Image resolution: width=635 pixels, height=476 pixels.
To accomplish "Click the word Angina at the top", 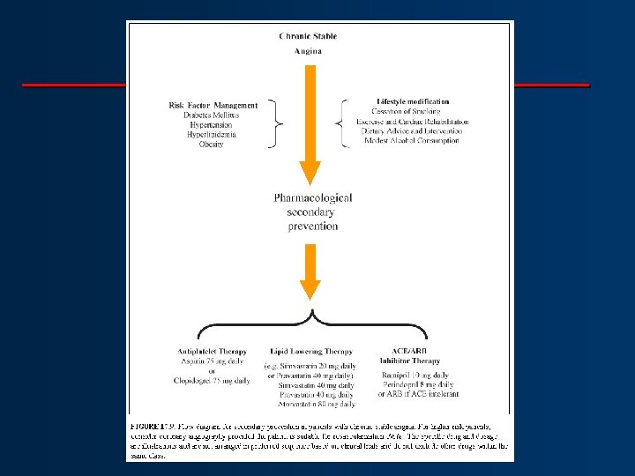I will (x=308, y=51).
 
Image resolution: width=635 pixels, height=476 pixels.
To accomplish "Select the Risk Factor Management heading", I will (x=213, y=106).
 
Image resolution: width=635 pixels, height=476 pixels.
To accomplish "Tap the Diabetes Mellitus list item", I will (x=212, y=115).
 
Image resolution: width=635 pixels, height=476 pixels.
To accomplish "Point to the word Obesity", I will (x=212, y=145).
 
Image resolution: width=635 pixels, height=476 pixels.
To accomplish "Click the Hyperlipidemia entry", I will (x=212, y=135).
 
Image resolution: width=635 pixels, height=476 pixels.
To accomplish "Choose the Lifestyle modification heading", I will (x=413, y=102).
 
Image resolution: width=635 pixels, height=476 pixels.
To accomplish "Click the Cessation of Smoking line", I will (x=411, y=112).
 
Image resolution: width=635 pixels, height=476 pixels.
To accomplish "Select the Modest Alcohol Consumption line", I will (x=411, y=140).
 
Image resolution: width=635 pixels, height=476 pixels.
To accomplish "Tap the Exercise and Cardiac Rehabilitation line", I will (x=413, y=122).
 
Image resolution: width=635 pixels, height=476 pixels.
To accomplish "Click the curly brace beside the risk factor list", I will (x=278, y=123).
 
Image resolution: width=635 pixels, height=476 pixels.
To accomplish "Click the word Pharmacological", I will (x=312, y=198).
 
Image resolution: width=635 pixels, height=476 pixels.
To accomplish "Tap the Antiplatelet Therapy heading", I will (x=212, y=352).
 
